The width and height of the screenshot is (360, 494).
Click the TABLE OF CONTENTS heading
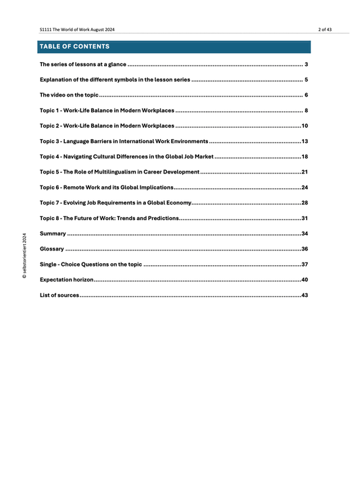(74, 47)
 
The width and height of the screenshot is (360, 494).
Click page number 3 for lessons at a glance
(306, 64)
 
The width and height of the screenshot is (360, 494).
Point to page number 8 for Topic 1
(306, 111)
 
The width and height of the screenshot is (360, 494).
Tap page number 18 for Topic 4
(305, 157)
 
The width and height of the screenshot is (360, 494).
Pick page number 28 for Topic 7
(305, 203)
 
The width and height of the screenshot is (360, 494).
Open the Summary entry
(53, 234)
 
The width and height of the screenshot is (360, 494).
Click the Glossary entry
(52, 249)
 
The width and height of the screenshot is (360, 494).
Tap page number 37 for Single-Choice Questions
(305, 265)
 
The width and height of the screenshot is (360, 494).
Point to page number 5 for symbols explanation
(306, 80)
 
